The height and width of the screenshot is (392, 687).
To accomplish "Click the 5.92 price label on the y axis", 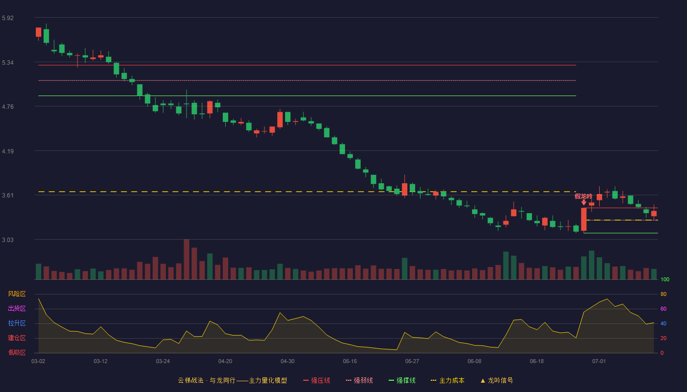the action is click(8, 18).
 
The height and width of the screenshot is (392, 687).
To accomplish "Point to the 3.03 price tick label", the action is click(8, 240).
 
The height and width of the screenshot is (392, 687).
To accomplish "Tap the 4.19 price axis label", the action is click(8, 151).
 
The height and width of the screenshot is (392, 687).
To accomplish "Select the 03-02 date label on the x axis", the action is click(38, 362).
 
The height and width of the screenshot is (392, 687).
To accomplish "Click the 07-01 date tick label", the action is click(599, 362).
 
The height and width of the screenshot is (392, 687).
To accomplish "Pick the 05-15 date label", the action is click(350, 362).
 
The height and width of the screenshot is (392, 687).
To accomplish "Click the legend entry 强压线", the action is click(317, 380).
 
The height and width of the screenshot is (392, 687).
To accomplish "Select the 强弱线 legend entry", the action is click(359, 380).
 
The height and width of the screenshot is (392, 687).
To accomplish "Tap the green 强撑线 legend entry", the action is click(402, 380).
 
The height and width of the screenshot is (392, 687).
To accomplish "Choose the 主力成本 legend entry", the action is click(448, 380).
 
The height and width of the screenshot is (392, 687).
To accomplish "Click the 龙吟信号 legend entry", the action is click(497, 380).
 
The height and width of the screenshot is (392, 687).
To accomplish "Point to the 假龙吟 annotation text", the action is click(583, 196).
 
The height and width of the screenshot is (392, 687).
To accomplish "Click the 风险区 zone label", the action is click(17, 294).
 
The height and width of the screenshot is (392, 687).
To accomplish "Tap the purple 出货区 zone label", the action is click(17, 308).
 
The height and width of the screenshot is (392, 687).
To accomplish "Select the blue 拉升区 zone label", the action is click(17, 323).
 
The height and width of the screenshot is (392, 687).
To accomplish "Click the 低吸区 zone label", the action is click(17, 352).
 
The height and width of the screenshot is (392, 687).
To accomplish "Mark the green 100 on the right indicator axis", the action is click(665, 279).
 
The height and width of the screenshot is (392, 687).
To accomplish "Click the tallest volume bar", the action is click(186, 259).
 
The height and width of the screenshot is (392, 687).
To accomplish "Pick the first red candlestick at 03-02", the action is click(38, 32).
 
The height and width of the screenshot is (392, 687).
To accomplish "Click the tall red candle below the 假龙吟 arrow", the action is click(583, 220).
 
